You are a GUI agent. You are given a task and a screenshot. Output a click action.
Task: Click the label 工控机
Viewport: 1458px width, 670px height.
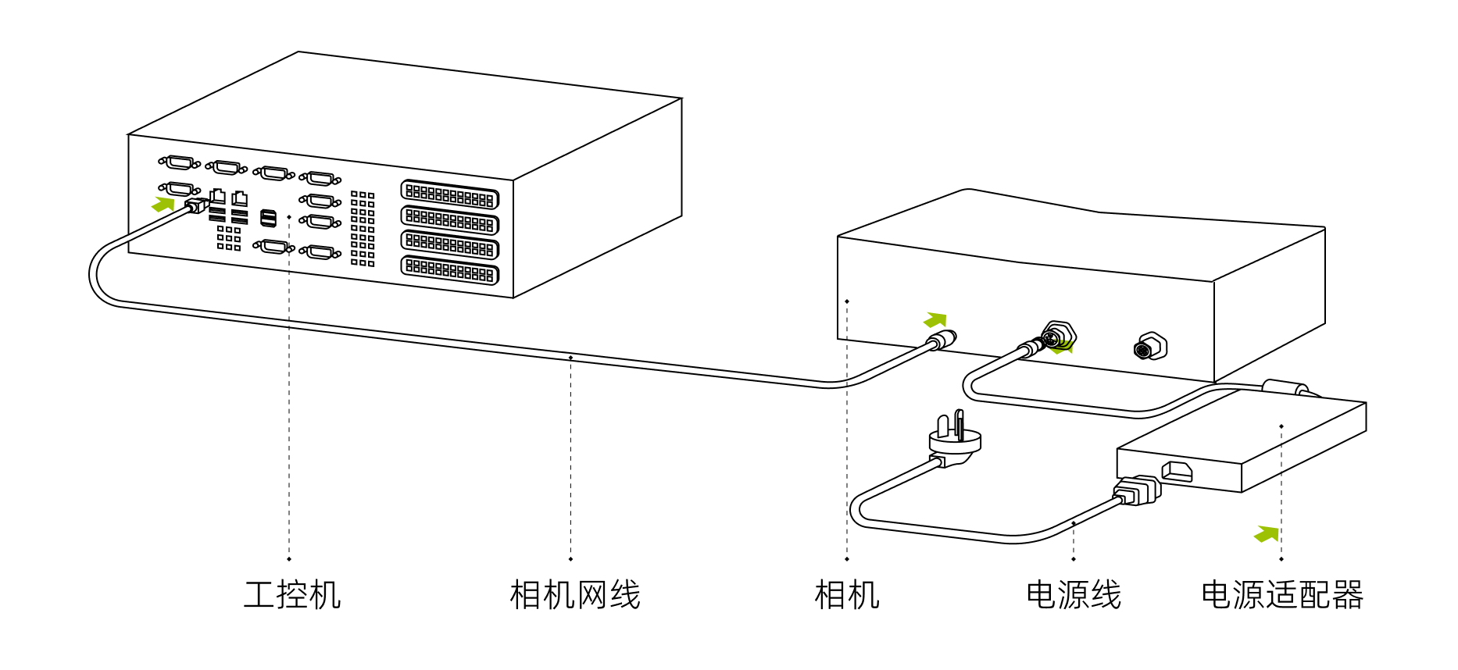pyautogui.click(x=292, y=595)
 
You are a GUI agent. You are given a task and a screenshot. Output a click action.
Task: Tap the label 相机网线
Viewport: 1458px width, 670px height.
pyautogui.click(x=575, y=595)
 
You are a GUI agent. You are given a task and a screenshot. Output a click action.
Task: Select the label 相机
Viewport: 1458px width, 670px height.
pyautogui.click(x=847, y=595)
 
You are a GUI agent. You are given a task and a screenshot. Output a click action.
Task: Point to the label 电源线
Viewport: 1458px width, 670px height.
pyautogui.click(x=1074, y=595)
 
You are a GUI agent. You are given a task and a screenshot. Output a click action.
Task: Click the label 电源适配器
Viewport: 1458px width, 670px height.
pyautogui.click(x=1282, y=595)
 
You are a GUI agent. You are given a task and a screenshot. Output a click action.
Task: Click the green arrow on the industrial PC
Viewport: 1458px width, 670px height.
pyautogui.click(x=163, y=204)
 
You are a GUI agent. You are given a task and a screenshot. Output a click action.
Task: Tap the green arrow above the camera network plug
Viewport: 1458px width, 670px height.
pyautogui.click(x=935, y=319)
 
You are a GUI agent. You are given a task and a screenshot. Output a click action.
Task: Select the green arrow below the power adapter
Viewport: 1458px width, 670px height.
pyautogui.click(x=1267, y=534)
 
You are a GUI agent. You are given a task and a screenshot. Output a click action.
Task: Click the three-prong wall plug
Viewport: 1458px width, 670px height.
pyautogui.click(x=955, y=438)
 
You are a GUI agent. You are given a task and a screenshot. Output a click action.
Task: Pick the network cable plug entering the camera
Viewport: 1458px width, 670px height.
pyautogui.click(x=941, y=340)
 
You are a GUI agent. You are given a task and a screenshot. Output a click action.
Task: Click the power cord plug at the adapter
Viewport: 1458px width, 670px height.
pyautogui.click(x=1138, y=491)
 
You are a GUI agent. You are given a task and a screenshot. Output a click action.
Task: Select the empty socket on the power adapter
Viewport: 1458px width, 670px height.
pyautogui.click(x=1177, y=472)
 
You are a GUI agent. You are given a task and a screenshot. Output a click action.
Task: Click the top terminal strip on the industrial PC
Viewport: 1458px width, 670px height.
pyautogui.click(x=449, y=194)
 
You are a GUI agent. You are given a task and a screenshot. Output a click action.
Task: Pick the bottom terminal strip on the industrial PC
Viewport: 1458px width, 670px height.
pyautogui.click(x=449, y=270)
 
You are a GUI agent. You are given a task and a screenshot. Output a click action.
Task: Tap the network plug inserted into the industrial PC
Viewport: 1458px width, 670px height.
pyautogui.click(x=196, y=205)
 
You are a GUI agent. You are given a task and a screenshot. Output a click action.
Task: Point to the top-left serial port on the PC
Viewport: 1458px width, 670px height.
pyautogui.click(x=179, y=162)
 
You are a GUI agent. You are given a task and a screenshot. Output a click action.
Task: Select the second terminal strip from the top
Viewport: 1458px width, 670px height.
pyautogui.click(x=449, y=220)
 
